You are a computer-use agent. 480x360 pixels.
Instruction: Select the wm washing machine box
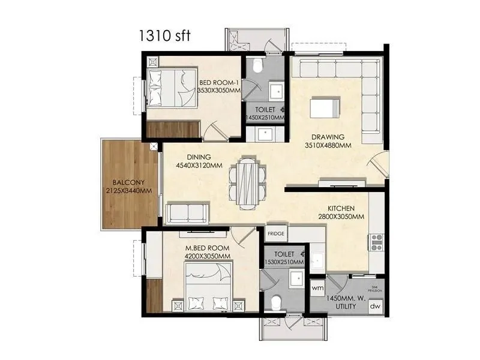tap(318, 288)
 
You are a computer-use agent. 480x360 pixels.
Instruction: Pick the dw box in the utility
tap(375, 307)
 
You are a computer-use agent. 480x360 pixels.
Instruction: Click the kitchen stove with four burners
tap(377, 242)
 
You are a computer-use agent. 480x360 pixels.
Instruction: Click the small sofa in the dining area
tap(187, 213)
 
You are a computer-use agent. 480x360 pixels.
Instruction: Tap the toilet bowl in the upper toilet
tap(257, 65)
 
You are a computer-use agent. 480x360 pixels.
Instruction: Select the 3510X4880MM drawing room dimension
tap(327, 145)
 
